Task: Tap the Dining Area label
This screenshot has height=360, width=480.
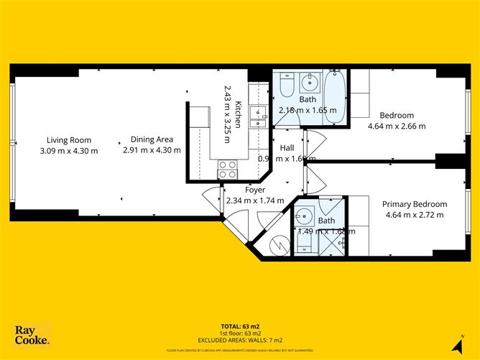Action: (151, 140)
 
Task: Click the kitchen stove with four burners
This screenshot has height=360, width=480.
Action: (228, 169)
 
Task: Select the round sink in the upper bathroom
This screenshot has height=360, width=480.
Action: (310, 80)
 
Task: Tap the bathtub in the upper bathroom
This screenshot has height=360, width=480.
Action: (336, 96)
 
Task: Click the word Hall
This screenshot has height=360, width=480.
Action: (287, 148)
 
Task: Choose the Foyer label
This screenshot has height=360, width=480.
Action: (255, 190)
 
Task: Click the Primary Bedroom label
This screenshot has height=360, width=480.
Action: (414, 204)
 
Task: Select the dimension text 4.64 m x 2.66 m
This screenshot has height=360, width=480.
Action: (397, 126)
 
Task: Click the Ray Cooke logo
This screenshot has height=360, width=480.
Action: (32, 335)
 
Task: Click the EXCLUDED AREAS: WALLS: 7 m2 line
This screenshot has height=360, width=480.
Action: (239, 339)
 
